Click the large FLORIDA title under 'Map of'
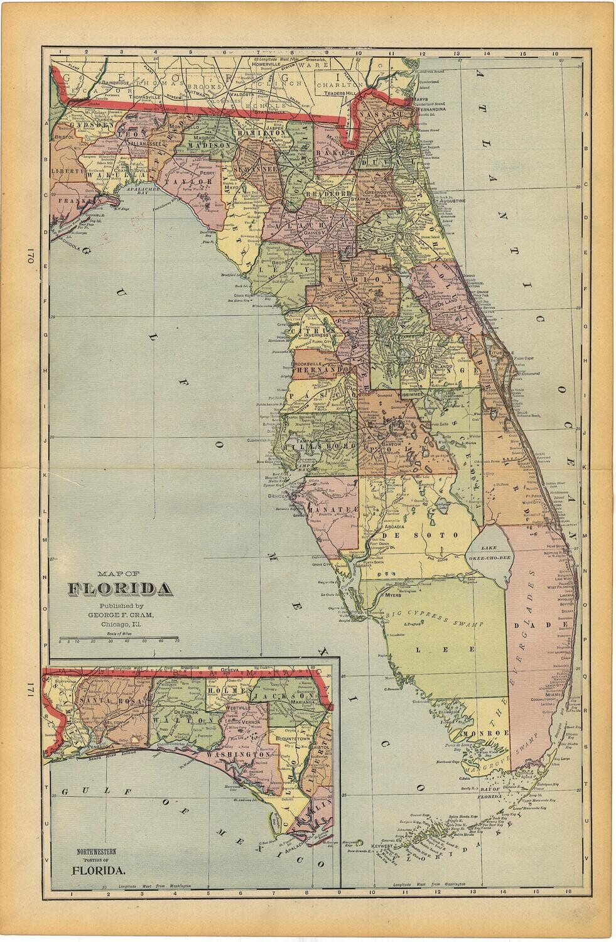[x=120, y=589]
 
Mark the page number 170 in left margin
[x=30, y=258]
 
